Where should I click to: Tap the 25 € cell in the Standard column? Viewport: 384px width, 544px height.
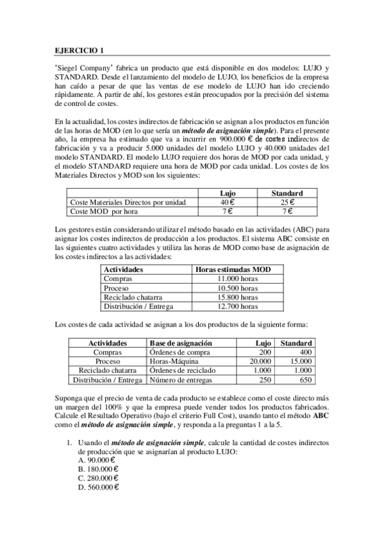[x=287, y=202]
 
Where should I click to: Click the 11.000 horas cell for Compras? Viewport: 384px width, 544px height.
[x=238, y=279]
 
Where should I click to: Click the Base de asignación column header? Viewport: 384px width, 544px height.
[x=179, y=343]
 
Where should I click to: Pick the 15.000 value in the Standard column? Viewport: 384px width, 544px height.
[x=299, y=361]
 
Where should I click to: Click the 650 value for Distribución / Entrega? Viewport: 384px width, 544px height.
[x=305, y=380]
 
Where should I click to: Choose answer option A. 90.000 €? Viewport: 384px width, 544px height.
[x=96, y=460]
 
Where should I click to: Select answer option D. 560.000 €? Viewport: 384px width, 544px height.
[x=98, y=487]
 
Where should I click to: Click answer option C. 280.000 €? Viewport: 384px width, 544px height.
[x=98, y=478]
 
